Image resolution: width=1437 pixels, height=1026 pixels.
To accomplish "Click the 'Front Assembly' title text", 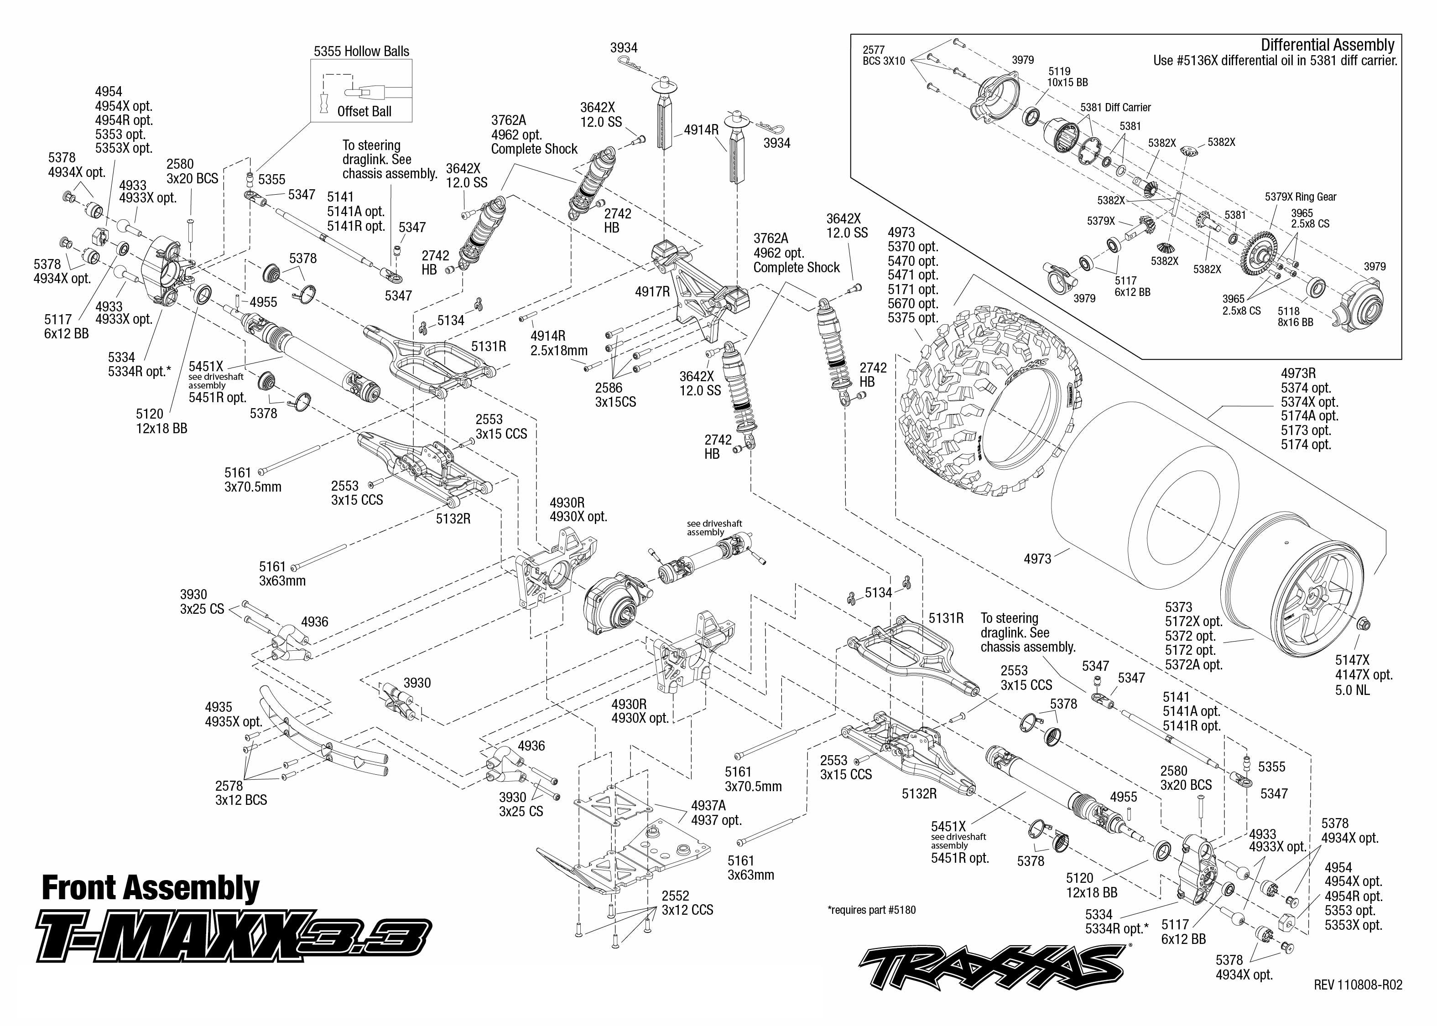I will (151, 888).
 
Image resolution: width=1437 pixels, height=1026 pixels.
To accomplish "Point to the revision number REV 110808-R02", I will (1357, 985).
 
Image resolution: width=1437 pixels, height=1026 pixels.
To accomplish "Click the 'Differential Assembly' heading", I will (1327, 45).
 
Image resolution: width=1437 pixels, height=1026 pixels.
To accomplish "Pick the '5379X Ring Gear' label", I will (1301, 197).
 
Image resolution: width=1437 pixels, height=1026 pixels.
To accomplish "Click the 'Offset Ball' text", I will (364, 112).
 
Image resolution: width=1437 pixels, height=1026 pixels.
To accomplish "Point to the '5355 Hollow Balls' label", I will (361, 51).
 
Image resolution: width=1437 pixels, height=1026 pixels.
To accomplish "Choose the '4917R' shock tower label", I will (652, 291).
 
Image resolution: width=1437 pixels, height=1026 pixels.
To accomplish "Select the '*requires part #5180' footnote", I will (871, 910).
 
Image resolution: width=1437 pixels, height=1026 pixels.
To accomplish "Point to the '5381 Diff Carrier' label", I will (1115, 108).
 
